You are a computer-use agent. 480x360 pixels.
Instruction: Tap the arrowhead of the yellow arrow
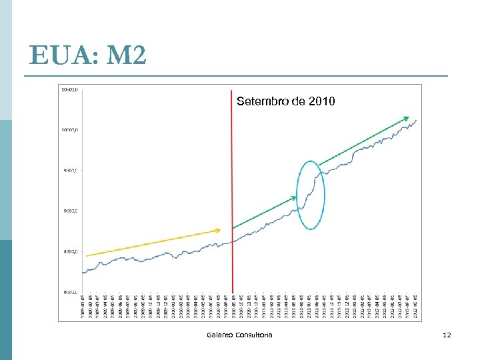tap(219, 231)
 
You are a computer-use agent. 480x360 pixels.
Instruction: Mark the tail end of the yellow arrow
tap(87, 255)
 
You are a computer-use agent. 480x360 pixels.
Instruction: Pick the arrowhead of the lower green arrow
tap(295, 197)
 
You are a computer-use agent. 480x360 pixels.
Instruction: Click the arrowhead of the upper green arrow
tap(408, 117)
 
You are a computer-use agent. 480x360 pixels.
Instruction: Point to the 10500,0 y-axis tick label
tap(69, 89)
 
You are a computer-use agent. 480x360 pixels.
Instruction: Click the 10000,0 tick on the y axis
tap(69, 130)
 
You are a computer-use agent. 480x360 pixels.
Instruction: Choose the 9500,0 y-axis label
tap(69, 171)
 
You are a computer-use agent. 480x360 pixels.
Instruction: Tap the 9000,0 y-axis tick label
tap(69, 211)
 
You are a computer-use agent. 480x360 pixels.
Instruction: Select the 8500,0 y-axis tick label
tap(69, 252)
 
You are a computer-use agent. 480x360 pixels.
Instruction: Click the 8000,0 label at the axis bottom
tap(69, 292)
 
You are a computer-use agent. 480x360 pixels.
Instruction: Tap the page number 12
tap(447, 334)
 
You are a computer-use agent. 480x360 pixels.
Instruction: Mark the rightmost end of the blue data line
tap(417, 120)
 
